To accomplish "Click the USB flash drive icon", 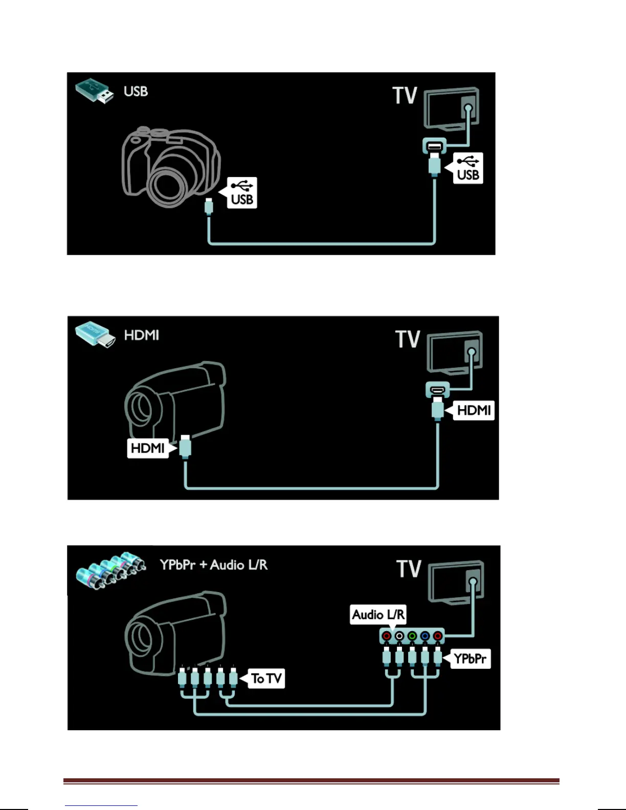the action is point(95,91).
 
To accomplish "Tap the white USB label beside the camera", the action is point(242,193).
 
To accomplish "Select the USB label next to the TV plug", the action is point(468,168).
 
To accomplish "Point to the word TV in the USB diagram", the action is point(405,96).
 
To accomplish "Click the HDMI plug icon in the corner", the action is point(94,335).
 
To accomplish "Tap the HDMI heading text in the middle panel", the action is point(142,335).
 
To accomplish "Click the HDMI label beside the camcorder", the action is point(147,448).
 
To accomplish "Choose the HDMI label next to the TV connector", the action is point(474,410).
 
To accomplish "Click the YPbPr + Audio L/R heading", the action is point(213,565).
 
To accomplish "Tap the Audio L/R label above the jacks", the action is point(378,614).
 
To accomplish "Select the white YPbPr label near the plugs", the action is point(470,659).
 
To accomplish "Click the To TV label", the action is point(266,679).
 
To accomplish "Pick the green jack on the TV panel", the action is point(412,636).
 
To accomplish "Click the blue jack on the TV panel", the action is point(425,636).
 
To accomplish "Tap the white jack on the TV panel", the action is point(399,636).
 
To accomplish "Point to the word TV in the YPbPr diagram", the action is point(409,569).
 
